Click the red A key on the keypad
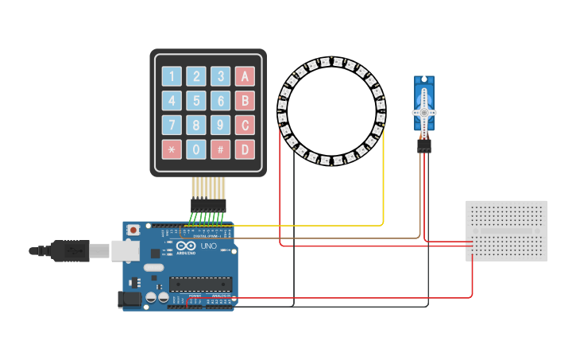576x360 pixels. pyautogui.click(x=245, y=76)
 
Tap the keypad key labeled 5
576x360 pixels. pyautogui.click(x=196, y=101)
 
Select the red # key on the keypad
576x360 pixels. pyautogui.click(x=221, y=149)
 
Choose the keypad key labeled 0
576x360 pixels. pyautogui.click(x=196, y=149)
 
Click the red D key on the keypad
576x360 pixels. pyautogui.click(x=245, y=149)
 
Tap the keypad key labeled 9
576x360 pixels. pyautogui.click(x=221, y=125)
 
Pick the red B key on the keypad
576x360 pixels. pyautogui.click(x=245, y=101)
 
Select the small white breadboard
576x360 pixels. pyautogui.click(x=506, y=230)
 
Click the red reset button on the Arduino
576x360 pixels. pyautogui.click(x=133, y=230)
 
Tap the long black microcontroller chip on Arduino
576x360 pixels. pyautogui.click(x=199, y=284)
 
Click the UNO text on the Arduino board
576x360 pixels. pyautogui.click(x=207, y=247)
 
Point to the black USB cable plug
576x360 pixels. pyautogui.click(x=72, y=250)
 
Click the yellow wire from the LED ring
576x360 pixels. pyautogui.click(x=384, y=183)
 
